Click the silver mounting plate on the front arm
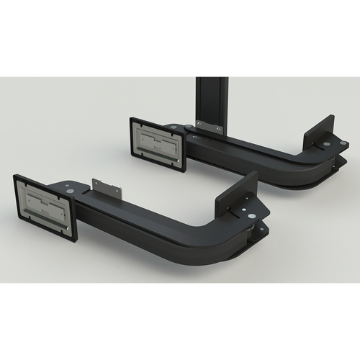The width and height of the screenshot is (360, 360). [45, 205]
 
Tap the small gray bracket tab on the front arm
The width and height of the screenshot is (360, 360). [107, 189]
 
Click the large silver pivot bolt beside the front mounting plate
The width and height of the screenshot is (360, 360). [70, 192]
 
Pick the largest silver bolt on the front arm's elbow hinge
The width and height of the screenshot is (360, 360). [251, 216]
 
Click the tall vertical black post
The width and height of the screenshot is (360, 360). [212, 101]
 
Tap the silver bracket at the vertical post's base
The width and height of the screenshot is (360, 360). [210, 127]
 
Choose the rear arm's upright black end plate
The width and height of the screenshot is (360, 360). [318, 132]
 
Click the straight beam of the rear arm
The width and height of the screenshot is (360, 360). [238, 153]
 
